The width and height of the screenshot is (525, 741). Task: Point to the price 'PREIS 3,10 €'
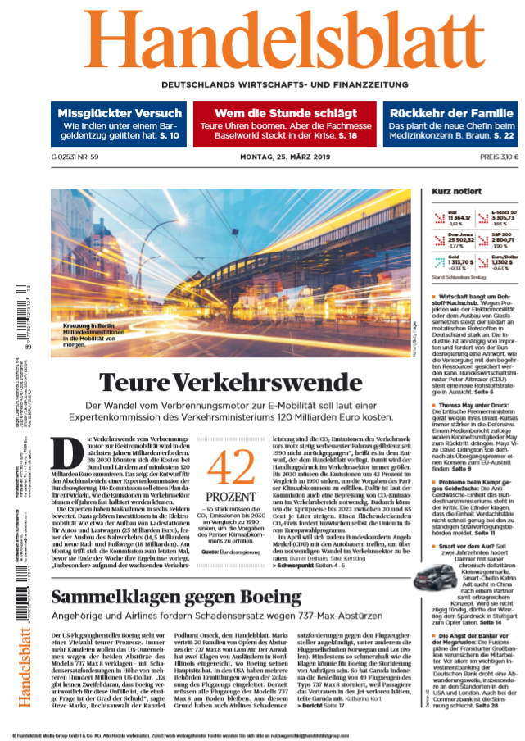(500, 157)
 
